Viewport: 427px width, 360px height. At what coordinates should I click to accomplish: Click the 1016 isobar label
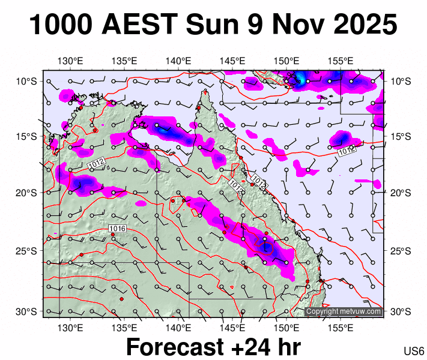pos(117,229)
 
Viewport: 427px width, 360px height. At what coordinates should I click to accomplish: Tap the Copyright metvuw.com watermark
pos(344,311)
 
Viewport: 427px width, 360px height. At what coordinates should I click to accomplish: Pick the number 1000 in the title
pos(60,25)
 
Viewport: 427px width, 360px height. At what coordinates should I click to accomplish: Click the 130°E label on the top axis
pos(70,61)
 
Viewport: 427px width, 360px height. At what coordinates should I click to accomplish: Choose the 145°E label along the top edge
pos(232,61)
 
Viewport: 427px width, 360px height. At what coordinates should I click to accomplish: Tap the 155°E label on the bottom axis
pos(340,328)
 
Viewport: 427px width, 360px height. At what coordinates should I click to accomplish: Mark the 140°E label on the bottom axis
pos(178,328)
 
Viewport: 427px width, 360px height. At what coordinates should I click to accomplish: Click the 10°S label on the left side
pos(27,81)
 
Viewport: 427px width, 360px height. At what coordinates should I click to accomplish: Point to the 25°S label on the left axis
pos(27,250)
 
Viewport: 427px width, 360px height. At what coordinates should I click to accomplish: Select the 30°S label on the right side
pos(399,311)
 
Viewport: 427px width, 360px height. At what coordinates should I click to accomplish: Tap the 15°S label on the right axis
pos(399,136)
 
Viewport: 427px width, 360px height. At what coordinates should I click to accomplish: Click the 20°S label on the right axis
pos(399,193)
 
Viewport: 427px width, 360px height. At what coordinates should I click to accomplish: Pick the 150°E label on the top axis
pos(286,61)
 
